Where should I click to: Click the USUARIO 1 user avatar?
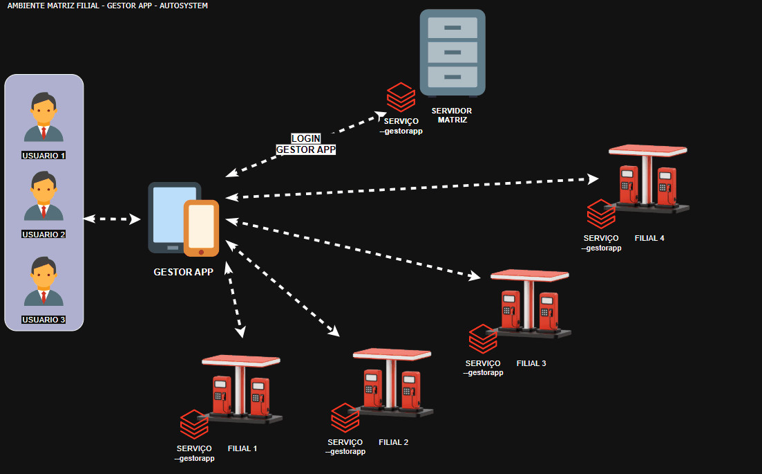44,117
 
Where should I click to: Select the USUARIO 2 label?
44,235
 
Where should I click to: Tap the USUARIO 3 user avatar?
44,282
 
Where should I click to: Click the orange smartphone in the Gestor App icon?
201,228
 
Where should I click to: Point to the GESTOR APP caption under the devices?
183,273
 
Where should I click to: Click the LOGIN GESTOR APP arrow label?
305,144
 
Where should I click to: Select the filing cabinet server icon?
453,53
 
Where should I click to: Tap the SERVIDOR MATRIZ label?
451,115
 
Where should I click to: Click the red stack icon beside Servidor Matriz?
401,97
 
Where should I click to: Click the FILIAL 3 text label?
531,363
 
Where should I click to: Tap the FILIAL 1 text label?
242,448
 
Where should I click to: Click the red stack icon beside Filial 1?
194,425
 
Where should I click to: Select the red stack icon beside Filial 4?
601,215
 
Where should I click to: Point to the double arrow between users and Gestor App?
112,219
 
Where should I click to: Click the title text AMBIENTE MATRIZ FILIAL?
107,6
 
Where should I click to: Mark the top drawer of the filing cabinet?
453,28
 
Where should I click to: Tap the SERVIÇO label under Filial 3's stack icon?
483,363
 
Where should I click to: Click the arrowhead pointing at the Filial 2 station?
334,331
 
